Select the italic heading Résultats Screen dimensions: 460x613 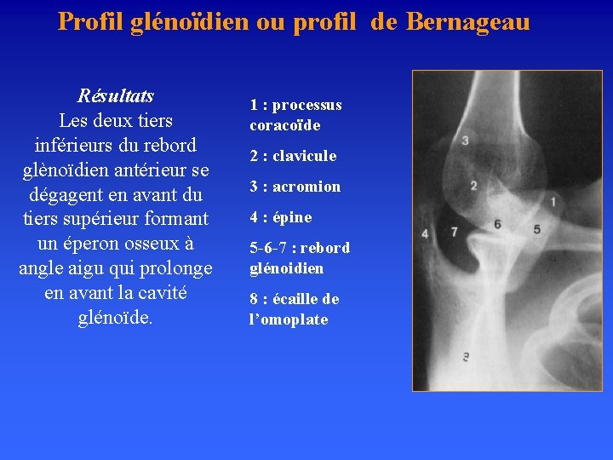click(116, 95)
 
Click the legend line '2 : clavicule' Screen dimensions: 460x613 click(293, 156)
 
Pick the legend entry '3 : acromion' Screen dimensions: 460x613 click(295, 187)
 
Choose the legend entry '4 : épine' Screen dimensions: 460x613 click(281, 217)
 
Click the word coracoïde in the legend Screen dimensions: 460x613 click(284, 125)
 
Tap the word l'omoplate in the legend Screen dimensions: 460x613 click(289, 319)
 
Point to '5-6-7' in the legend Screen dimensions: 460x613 click(269, 248)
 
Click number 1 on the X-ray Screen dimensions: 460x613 click(553, 202)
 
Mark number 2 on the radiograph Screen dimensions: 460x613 click(473, 186)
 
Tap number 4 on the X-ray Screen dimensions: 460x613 click(425, 233)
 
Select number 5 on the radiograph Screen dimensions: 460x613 click(536, 229)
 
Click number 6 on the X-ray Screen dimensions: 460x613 click(497, 224)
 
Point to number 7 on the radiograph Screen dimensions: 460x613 click(454, 232)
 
